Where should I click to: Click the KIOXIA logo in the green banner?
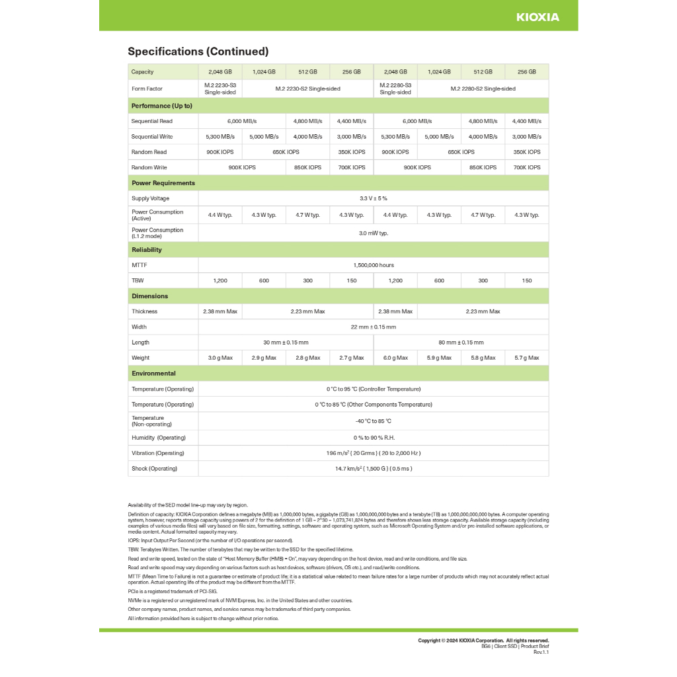(538, 17)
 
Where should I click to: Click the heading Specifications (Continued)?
(198, 52)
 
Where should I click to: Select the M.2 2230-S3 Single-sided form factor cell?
(220, 89)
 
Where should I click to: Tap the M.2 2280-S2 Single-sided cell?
(483, 89)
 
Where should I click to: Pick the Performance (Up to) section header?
(162, 106)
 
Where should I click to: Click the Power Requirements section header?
(163, 183)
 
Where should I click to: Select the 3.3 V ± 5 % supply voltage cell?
(373, 198)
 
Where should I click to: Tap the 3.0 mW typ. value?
(373, 233)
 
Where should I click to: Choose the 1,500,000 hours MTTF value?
(373, 265)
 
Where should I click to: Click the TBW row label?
(138, 280)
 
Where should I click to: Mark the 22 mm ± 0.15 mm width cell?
(373, 327)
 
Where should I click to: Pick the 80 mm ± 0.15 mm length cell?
(461, 342)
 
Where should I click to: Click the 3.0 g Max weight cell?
(220, 358)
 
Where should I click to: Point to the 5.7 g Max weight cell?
(526, 358)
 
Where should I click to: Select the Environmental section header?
(153, 374)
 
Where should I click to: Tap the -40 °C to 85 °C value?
(373, 421)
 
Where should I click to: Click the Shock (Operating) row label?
(155, 469)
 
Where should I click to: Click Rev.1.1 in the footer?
(541, 652)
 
